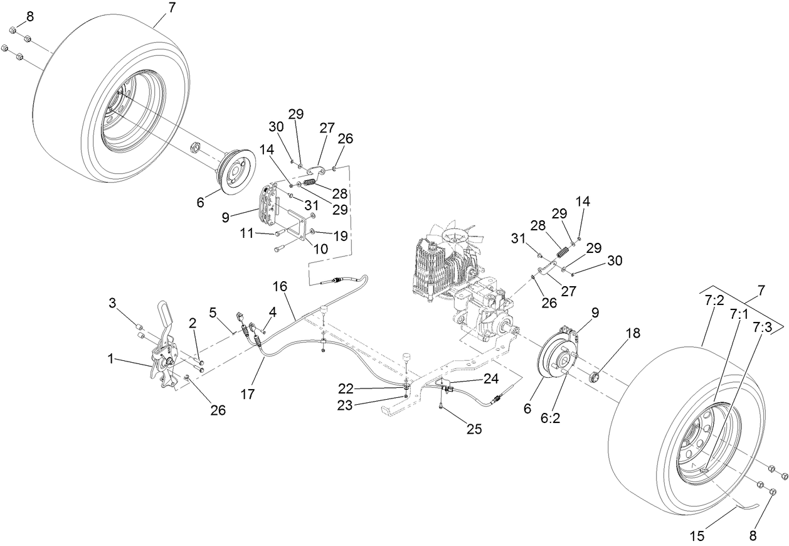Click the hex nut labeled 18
(595, 377)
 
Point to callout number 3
(112, 304)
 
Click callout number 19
(341, 236)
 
